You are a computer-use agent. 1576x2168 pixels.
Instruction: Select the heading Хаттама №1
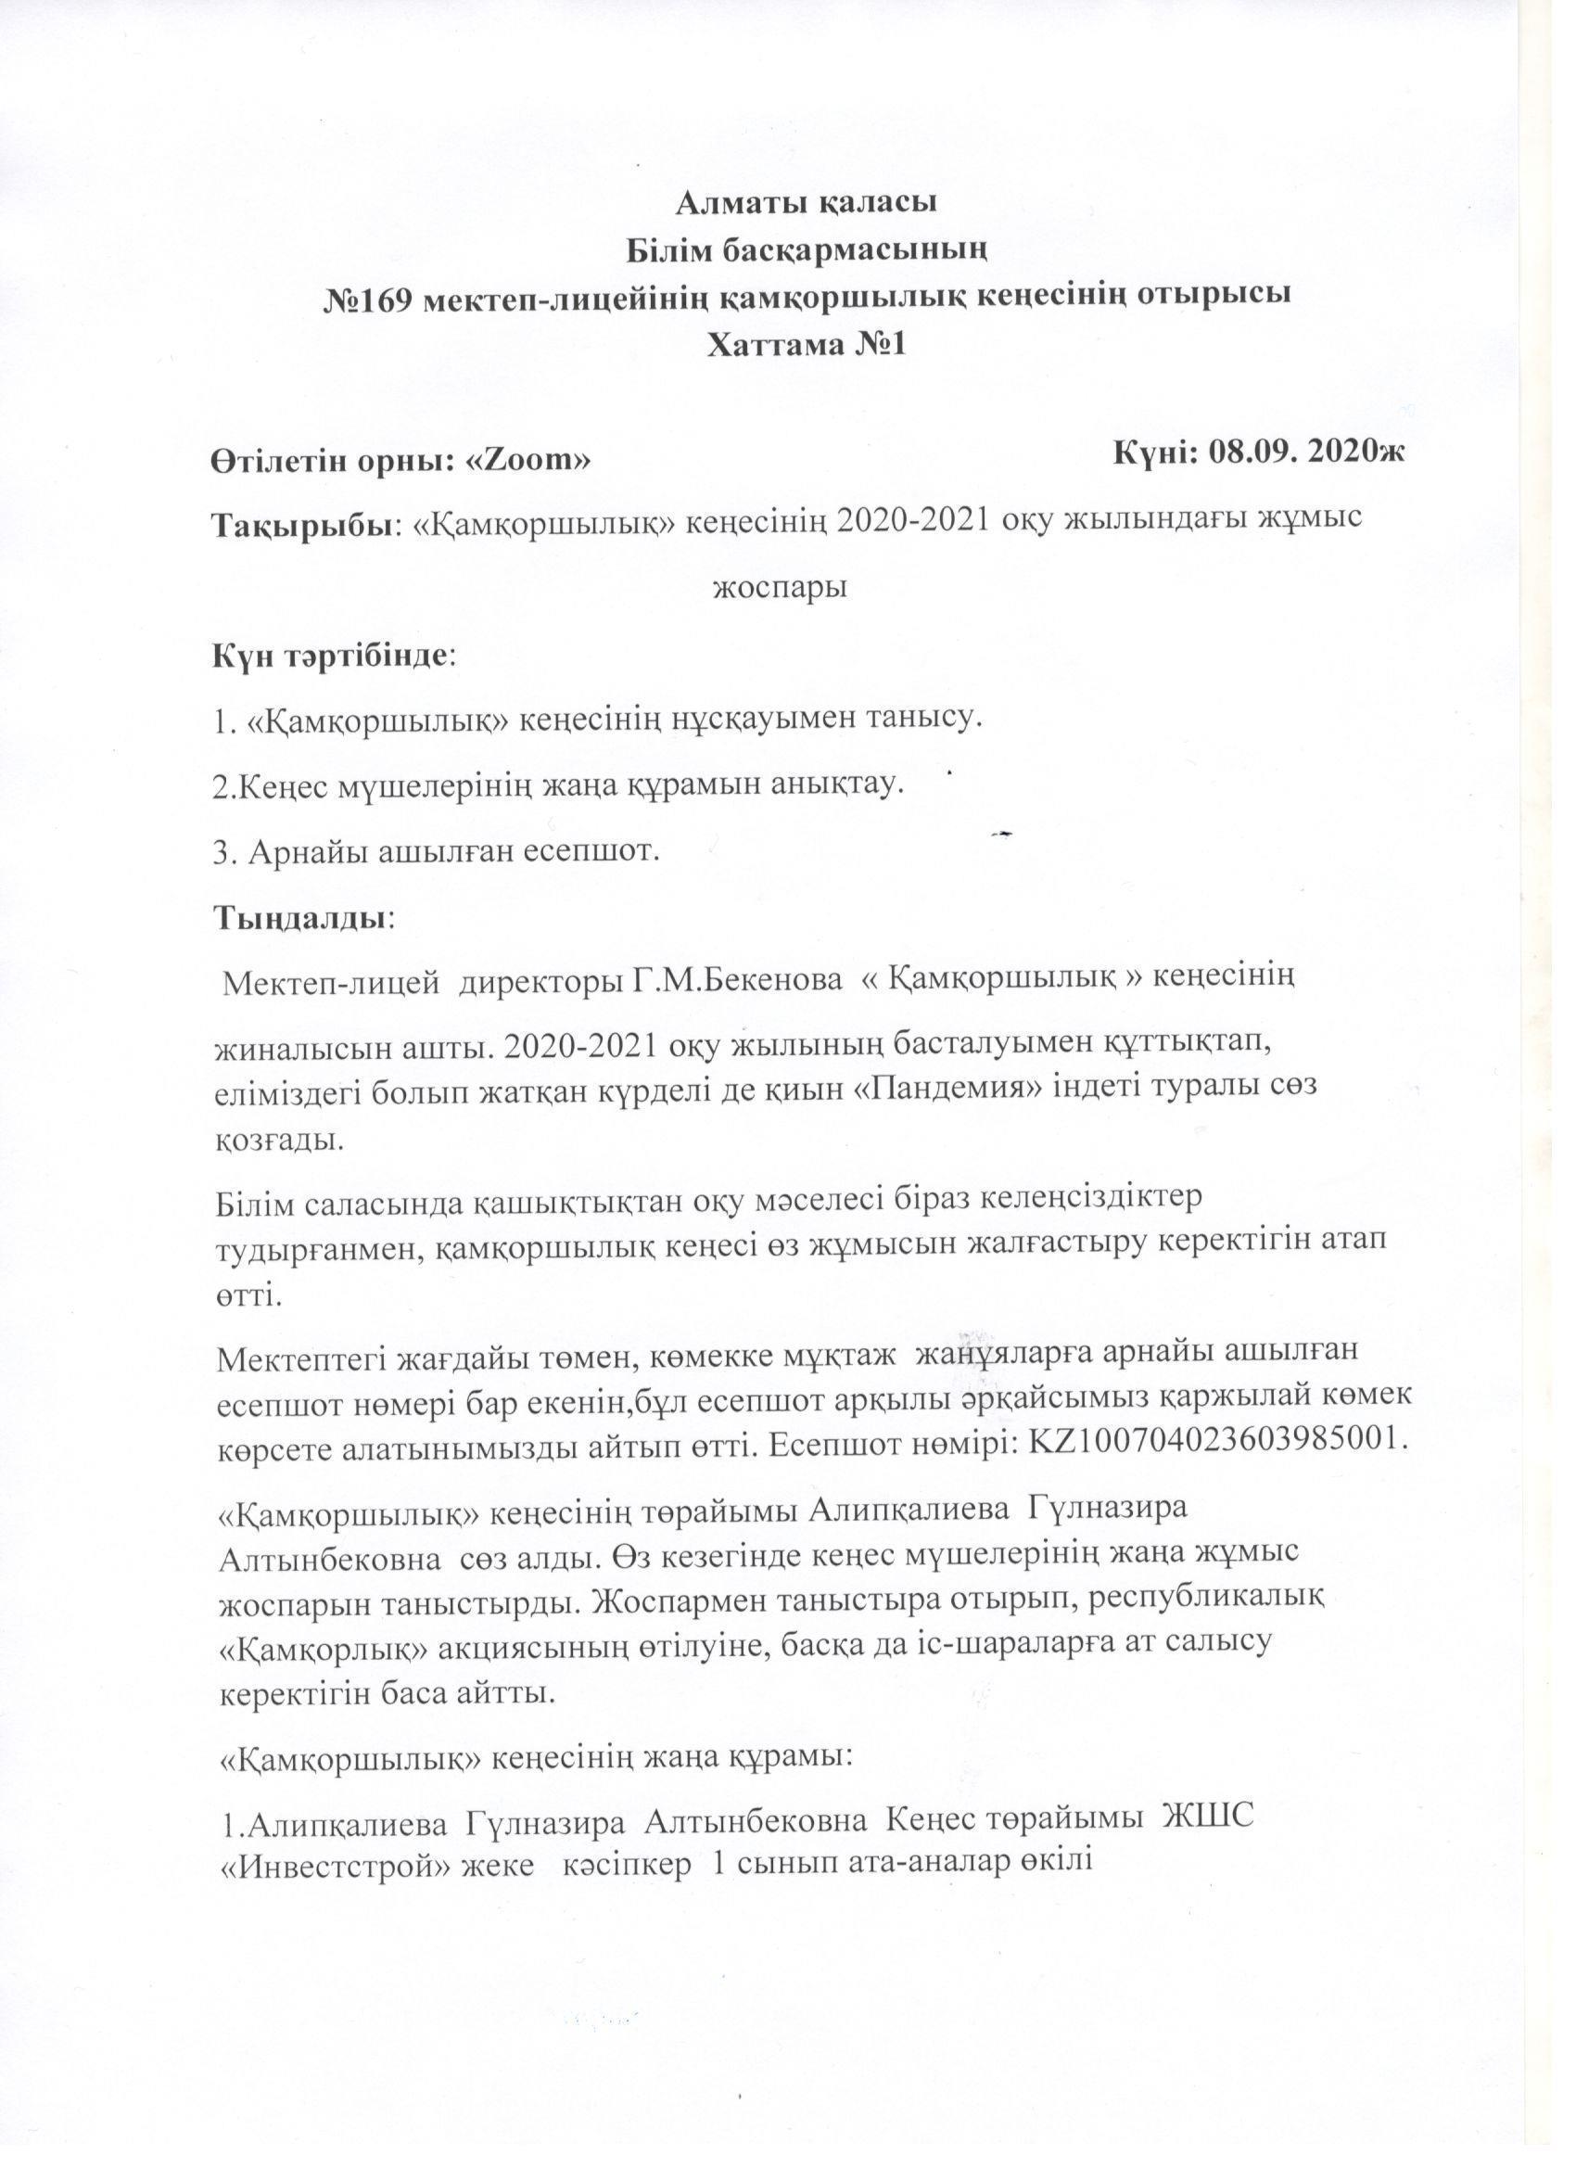coord(806,343)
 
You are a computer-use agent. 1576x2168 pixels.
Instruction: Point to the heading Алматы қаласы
coord(806,203)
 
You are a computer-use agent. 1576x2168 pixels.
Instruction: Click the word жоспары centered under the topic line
coord(780,586)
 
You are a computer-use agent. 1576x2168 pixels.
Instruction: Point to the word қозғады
coord(277,1140)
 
